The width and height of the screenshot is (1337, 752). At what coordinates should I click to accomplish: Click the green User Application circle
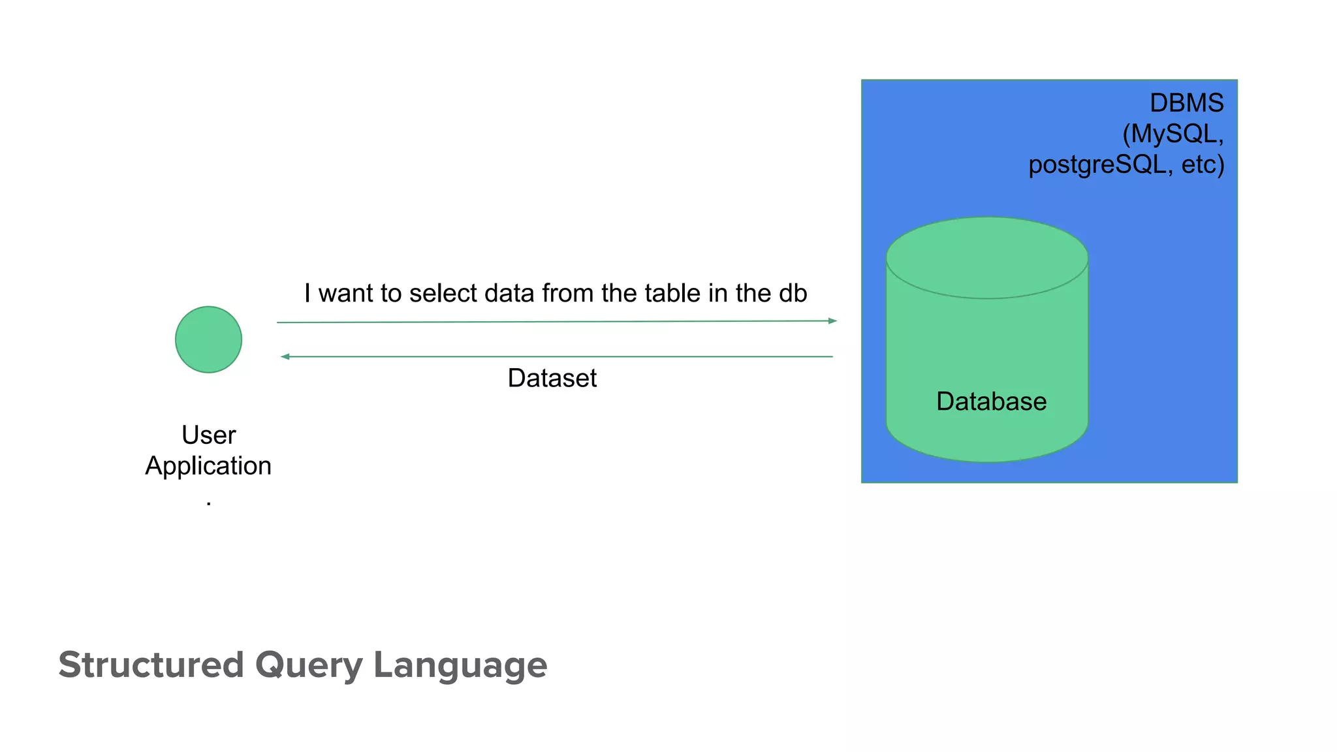(x=208, y=339)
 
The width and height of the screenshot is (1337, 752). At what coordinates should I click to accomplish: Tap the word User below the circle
(x=208, y=435)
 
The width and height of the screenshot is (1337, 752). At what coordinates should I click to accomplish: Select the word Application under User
(x=208, y=466)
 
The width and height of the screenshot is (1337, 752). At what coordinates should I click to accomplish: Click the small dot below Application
(x=208, y=503)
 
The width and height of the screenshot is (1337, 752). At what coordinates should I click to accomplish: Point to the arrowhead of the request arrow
(x=832, y=321)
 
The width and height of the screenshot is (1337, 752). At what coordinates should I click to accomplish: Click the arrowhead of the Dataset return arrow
(x=285, y=356)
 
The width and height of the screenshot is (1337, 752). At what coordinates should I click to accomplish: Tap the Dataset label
(x=552, y=378)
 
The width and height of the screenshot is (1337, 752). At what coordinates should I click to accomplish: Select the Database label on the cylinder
(x=991, y=401)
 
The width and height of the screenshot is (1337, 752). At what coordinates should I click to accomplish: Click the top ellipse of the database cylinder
(x=986, y=258)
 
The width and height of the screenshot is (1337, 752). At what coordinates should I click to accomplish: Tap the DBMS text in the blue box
(x=1186, y=103)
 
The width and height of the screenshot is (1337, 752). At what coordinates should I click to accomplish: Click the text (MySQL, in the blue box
(x=1172, y=134)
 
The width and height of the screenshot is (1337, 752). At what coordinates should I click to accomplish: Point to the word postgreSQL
(x=1097, y=164)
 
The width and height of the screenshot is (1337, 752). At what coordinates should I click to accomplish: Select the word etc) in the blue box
(x=1203, y=164)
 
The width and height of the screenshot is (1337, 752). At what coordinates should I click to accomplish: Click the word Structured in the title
(x=151, y=665)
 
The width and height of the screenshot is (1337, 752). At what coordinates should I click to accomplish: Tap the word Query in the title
(x=308, y=665)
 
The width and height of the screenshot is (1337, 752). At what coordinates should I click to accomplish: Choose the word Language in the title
(x=460, y=665)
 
